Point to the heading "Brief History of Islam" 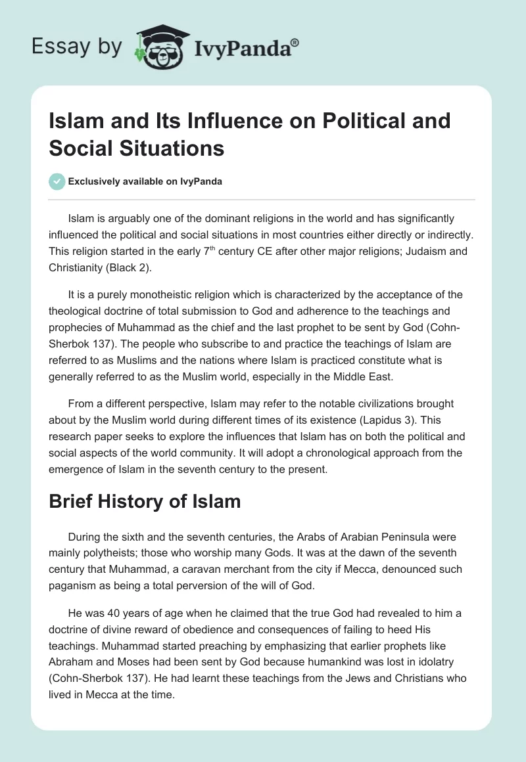coord(145,501)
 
